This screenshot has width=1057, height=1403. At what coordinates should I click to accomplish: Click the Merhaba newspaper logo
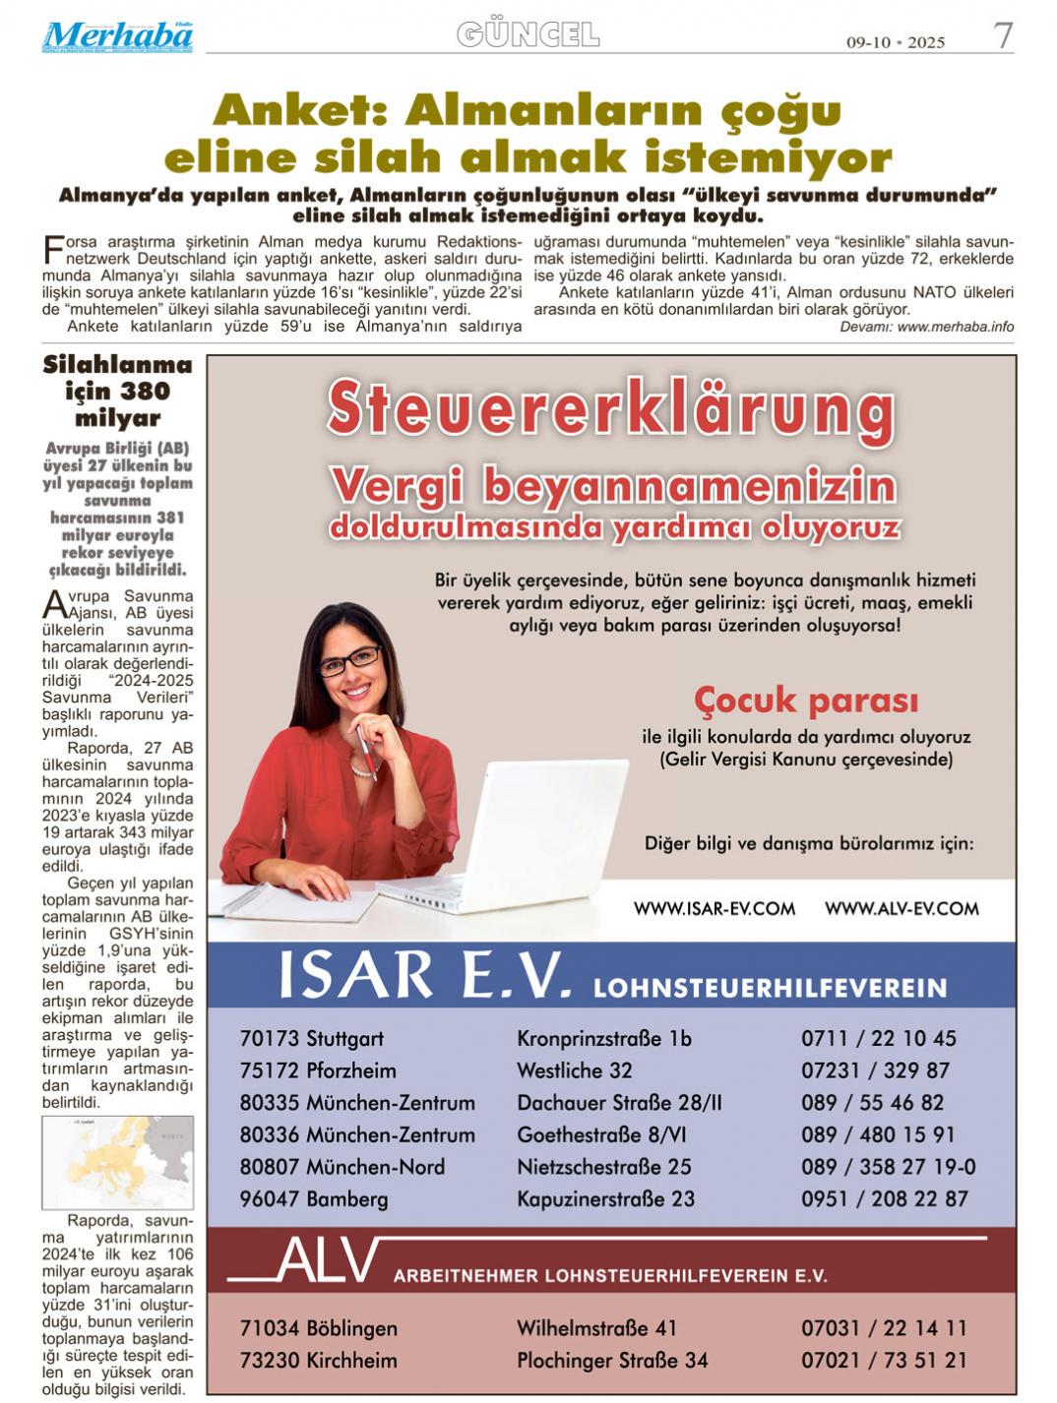pyautogui.click(x=117, y=36)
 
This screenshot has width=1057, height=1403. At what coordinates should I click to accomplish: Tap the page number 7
pyautogui.click(x=1002, y=35)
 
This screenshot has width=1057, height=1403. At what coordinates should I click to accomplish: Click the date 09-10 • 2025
pyautogui.click(x=896, y=41)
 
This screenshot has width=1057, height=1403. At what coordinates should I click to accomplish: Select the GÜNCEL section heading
pyautogui.click(x=528, y=34)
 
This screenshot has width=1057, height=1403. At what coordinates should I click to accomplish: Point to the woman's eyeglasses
pyautogui.click(x=350, y=659)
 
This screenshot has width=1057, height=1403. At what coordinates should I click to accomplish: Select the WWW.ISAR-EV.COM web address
pyautogui.click(x=714, y=908)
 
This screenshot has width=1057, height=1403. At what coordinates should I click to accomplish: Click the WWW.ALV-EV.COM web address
pyautogui.click(x=902, y=908)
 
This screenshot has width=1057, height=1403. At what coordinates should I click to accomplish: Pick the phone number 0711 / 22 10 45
pyautogui.click(x=878, y=1038)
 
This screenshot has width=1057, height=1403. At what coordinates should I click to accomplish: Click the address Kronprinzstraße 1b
pyautogui.click(x=603, y=1038)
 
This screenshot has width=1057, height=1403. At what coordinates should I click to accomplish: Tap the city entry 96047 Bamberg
pyautogui.click(x=313, y=1198)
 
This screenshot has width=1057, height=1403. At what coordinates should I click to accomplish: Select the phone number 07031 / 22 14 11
pyautogui.click(x=883, y=1327)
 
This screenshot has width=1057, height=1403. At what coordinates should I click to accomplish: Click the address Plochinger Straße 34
pyautogui.click(x=612, y=1360)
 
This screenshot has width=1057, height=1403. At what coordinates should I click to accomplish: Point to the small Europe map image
pyautogui.click(x=117, y=1162)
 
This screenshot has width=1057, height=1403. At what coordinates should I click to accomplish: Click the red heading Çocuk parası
pyautogui.click(x=805, y=701)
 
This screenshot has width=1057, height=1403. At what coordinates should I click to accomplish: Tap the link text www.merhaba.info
pyautogui.click(x=955, y=327)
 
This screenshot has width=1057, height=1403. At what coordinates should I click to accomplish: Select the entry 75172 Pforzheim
pyautogui.click(x=317, y=1070)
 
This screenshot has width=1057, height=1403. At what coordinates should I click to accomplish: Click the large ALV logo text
pyautogui.click(x=327, y=1261)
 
